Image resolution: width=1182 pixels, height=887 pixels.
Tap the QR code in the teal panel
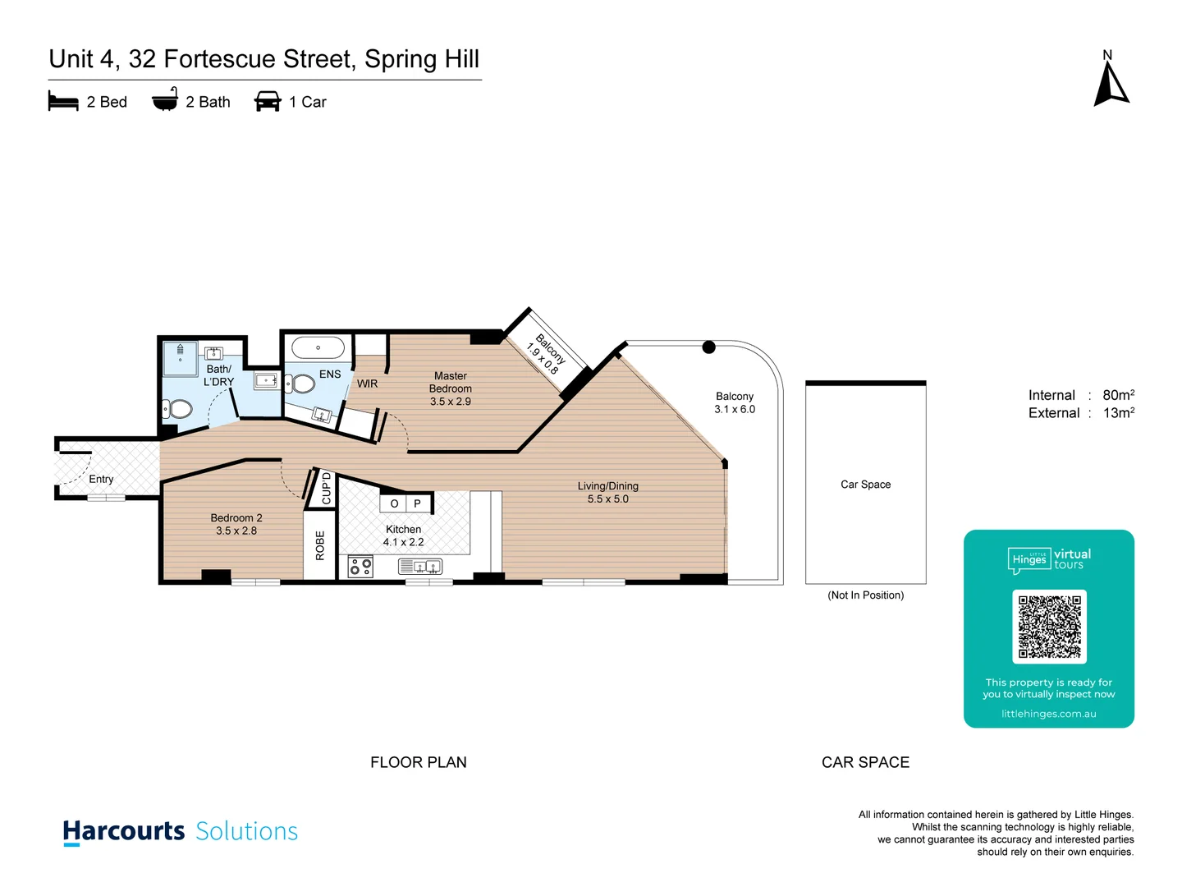pos(1049,627)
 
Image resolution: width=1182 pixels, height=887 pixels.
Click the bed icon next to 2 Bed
pos(63,102)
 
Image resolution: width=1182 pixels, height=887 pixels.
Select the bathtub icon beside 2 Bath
pos(165,100)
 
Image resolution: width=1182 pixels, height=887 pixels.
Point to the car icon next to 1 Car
pos(268,102)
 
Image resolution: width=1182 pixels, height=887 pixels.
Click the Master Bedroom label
pos(450,382)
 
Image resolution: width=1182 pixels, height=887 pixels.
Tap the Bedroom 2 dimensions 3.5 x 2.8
pos(236,531)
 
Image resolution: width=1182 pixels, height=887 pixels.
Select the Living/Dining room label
pos(607,486)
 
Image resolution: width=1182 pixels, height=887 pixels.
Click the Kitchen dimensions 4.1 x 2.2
pos(403,542)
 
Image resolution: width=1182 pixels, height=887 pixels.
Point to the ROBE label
pos(320,546)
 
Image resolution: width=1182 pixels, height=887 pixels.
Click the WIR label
pos(367,384)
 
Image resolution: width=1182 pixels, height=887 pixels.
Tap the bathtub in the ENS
pos(318,348)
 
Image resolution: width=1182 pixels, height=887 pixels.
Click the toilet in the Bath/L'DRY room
pos(178,408)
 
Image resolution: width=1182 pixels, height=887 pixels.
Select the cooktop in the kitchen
pos(360,567)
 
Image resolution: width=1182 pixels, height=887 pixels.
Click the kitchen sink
pos(420,567)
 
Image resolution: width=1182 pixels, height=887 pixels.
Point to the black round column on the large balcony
pos(709,347)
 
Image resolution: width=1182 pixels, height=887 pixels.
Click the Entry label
pos(101,479)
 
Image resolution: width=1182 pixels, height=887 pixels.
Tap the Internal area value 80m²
pos(1118,395)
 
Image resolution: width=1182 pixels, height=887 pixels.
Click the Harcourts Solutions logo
pos(181,831)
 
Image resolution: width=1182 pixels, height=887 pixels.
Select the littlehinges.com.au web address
pos(1048,714)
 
